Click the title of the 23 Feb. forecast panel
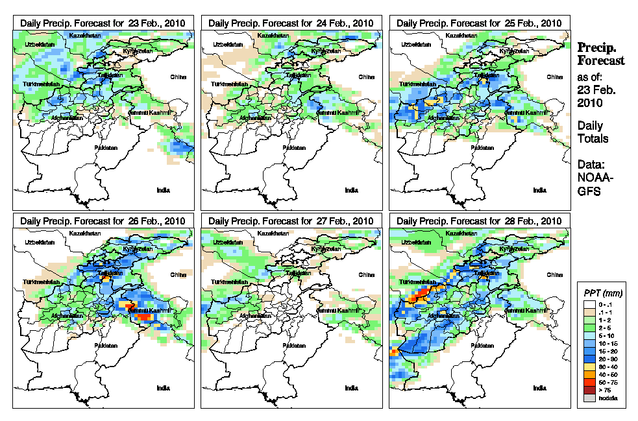103,23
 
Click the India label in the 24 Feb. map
351,190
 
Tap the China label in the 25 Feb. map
554,77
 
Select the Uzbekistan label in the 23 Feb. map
38,44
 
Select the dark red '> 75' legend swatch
589,391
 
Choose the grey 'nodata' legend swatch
589,398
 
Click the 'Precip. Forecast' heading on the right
600,54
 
